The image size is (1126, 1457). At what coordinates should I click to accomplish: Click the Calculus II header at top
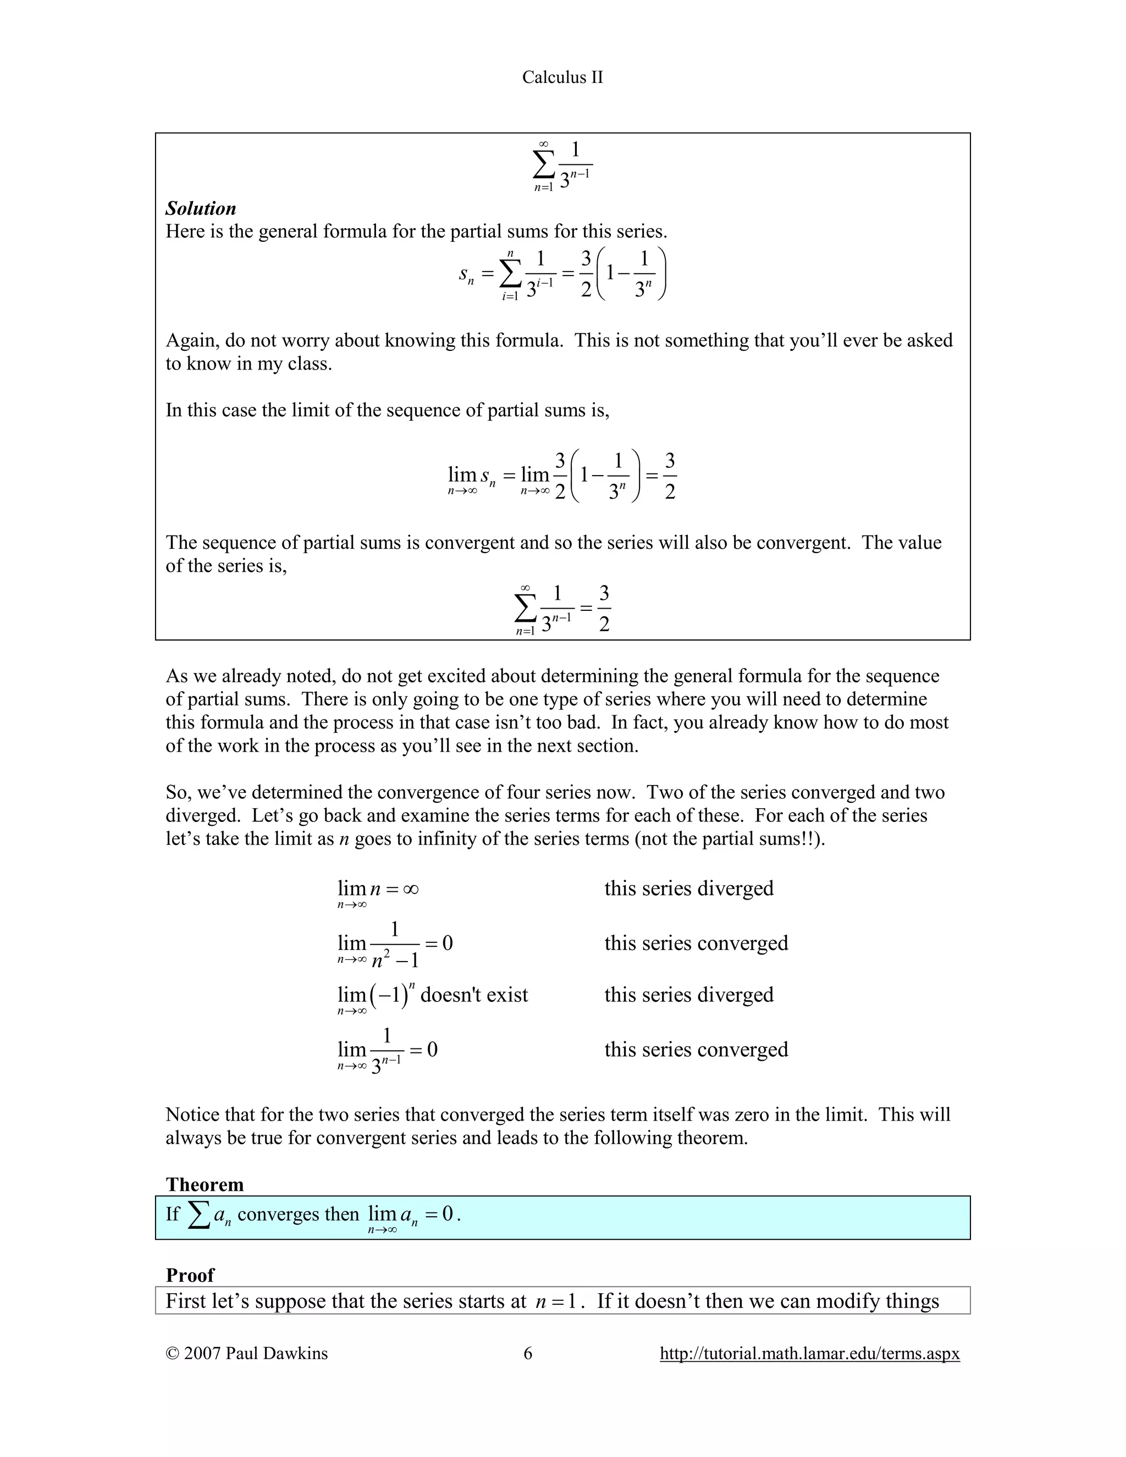click(562, 78)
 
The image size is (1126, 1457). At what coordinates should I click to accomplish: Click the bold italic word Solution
click(201, 209)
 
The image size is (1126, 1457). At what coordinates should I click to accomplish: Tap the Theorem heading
click(205, 1184)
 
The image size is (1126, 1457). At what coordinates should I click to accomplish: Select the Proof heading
click(190, 1275)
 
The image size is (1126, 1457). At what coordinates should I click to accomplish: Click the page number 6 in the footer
click(528, 1353)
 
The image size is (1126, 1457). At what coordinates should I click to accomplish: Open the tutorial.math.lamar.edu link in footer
click(809, 1353)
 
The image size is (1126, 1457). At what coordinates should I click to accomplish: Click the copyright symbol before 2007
click(172, 1353)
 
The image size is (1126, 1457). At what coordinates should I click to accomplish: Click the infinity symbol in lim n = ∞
click(411, 889)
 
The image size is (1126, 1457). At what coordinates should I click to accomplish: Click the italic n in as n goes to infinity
click(344, 838)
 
